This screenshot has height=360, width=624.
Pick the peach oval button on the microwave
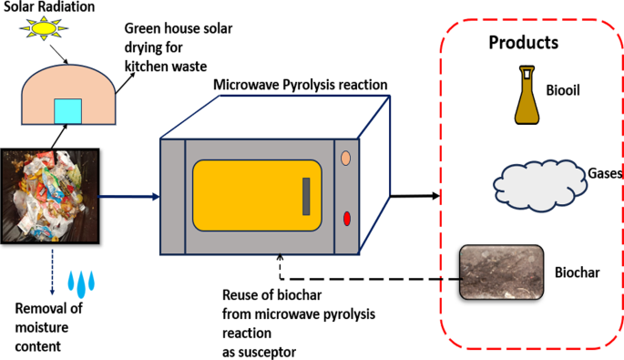(x=347, y=158)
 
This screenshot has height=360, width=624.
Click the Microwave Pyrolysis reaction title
(x=301, y=85)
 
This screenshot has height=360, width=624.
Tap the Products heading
(x=523, y=42)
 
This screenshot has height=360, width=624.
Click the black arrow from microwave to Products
(x=415, y=195)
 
